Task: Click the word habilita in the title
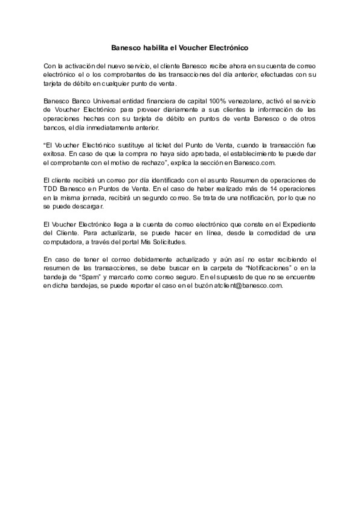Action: pos(154,48)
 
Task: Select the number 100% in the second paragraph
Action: pos(217,101)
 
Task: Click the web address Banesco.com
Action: pos(254,163)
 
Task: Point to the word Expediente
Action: pos(299,224)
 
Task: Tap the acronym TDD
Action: pos(50,189)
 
